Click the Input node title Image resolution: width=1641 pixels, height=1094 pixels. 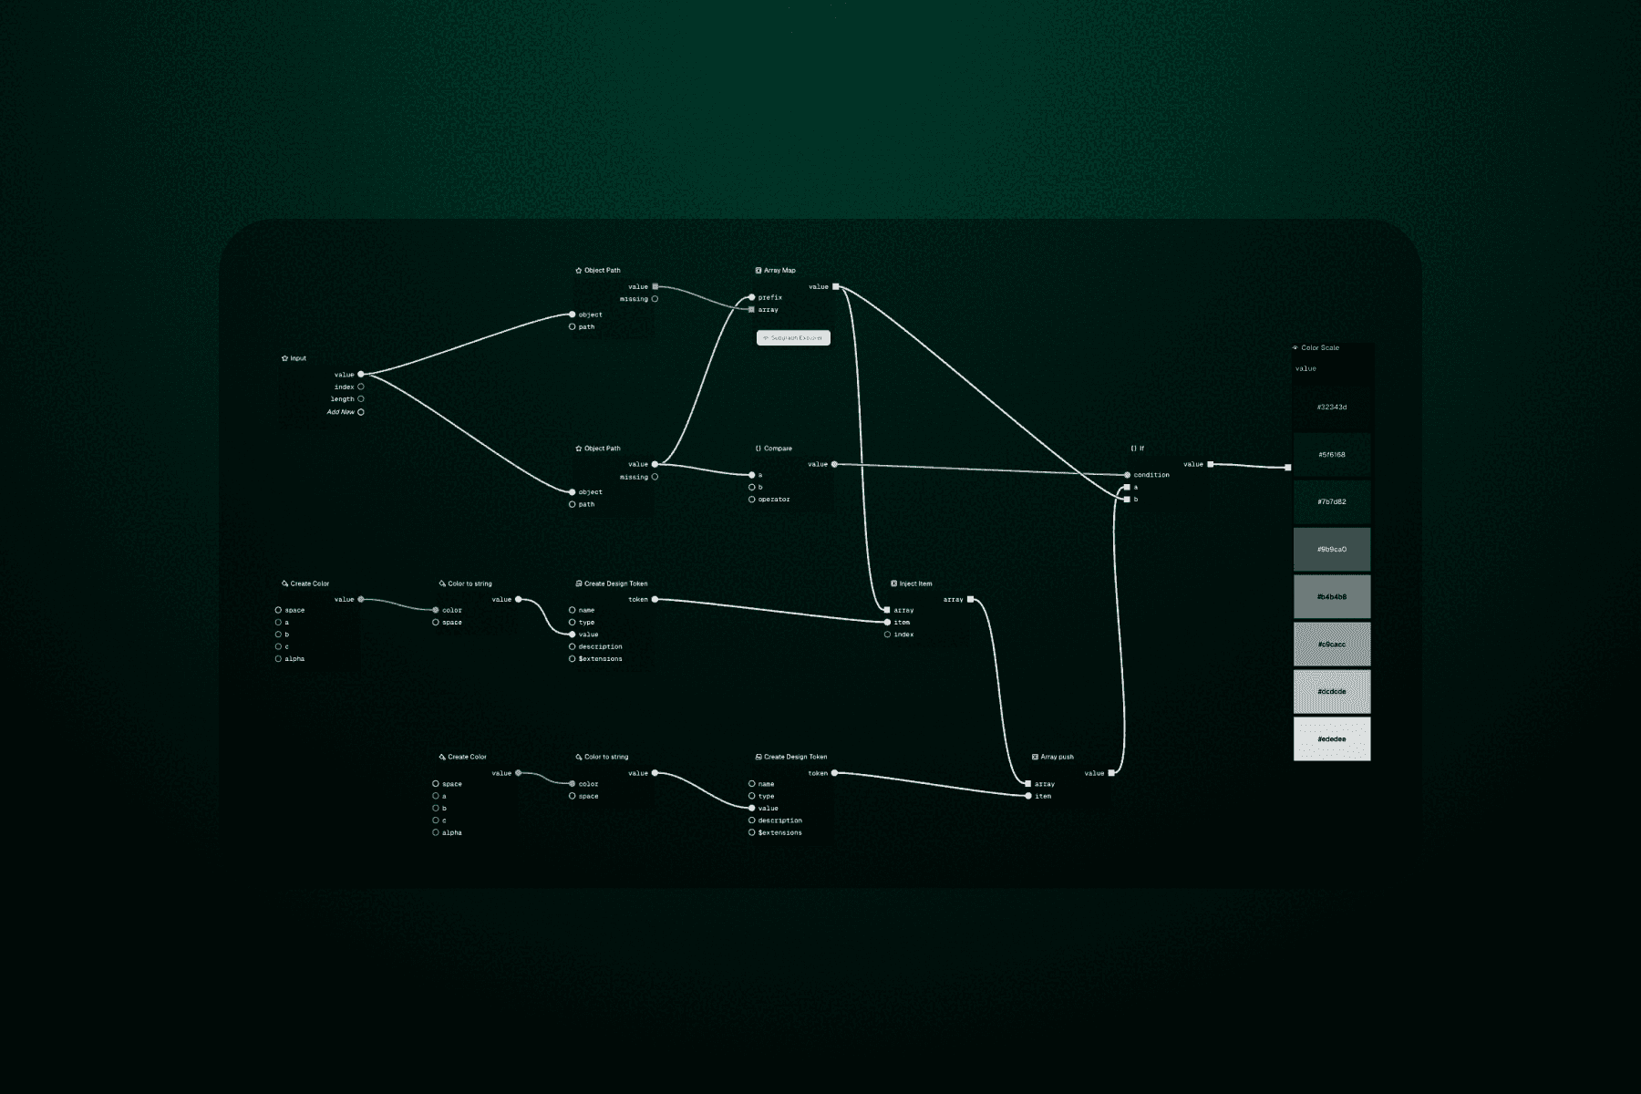(297, 358)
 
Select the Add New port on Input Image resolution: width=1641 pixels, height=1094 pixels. (361, 412)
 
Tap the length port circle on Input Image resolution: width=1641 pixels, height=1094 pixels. (361, 398)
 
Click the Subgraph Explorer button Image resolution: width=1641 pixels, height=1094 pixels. (793, 338)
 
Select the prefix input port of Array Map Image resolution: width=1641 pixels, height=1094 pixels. (752, 297)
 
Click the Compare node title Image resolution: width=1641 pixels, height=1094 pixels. (777, 449)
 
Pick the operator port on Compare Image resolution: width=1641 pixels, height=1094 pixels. (752, 500)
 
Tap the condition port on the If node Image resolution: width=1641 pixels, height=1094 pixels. (1128, 475)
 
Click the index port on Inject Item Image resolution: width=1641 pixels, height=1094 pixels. (887, 635)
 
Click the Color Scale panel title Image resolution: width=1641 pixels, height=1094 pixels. (1319, 348)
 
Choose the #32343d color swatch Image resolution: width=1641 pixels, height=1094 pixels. (1332, 408)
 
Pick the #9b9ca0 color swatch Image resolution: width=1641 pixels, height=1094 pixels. (1332, 550)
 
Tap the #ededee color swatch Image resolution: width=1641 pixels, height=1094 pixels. (1332, 739)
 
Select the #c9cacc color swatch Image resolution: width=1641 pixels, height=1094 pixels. (1332, 645)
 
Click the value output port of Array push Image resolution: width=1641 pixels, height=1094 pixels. (1111, 773)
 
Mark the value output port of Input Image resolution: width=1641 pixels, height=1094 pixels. (361, 375)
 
